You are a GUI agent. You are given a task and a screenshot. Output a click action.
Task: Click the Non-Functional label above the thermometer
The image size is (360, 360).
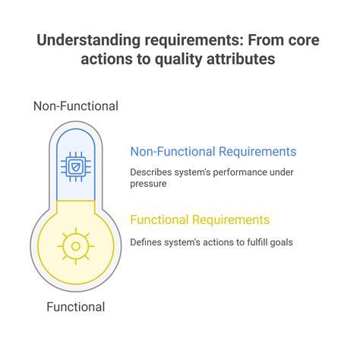75,106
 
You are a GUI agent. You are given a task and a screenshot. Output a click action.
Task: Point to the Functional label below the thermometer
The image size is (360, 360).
75,307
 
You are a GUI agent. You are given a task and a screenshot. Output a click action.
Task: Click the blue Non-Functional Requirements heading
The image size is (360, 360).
213,151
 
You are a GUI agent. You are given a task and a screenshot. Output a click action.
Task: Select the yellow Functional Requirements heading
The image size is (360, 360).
200,219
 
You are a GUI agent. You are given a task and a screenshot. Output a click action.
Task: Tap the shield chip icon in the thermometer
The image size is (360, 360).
75,166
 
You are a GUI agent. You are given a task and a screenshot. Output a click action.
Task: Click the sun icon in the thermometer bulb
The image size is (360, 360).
74,245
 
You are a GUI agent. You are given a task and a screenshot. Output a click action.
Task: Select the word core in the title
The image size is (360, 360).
304,39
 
